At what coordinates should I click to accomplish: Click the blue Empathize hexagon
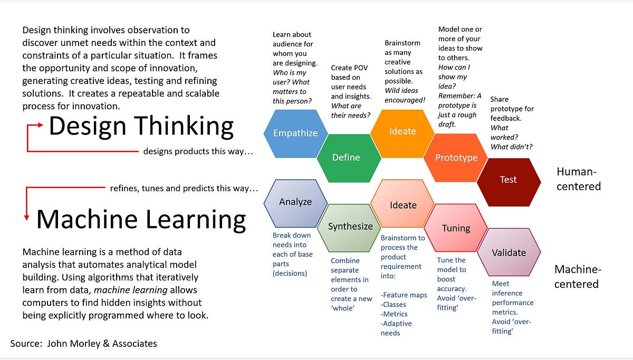point(295,133)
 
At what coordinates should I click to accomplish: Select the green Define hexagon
point(346,157)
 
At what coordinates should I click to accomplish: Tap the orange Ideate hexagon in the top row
point(402,131)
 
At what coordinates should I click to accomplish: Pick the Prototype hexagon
point(456,157)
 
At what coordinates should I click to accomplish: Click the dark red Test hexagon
point(508,179)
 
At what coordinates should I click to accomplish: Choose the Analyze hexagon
point(295,202)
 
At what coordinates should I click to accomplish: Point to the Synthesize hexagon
point(350,226)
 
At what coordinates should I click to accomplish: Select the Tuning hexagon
point(456,228)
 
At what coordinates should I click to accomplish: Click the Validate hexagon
point(509,252)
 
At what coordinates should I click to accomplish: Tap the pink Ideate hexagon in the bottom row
point(403,205)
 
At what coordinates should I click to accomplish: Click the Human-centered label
point(578,179)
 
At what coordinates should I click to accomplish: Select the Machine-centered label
point(578,277)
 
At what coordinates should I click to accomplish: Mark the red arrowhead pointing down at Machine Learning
point(26,217)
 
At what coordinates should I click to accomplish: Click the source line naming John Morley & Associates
point(84,344)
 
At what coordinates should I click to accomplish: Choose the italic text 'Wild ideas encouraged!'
point(405,95)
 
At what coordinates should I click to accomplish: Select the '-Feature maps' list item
point(404,295)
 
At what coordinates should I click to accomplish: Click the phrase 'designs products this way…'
point(198,151)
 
